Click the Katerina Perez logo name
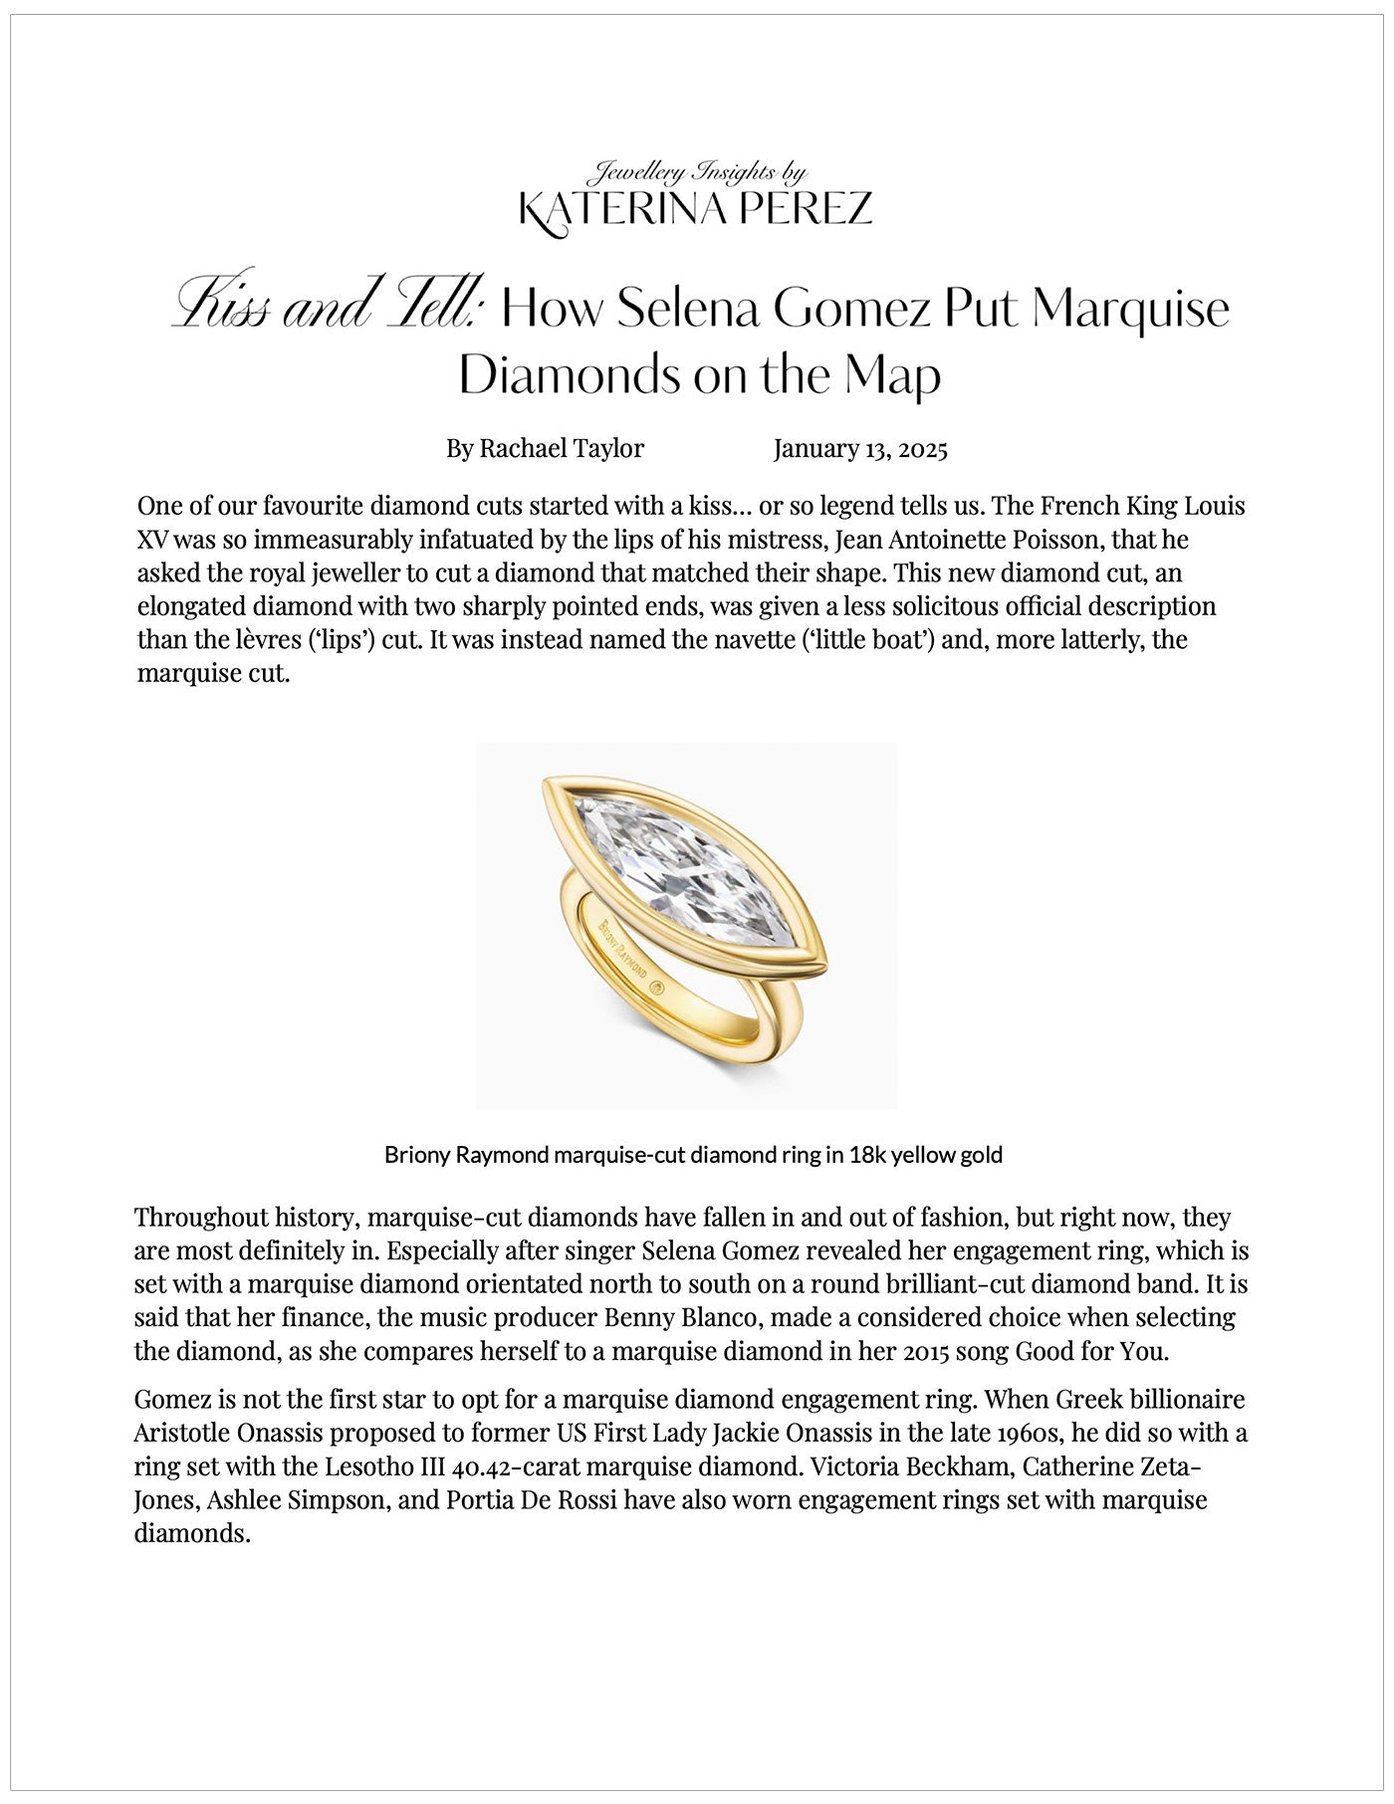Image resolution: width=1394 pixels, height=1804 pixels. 696,210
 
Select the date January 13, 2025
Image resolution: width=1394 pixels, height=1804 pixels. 860,449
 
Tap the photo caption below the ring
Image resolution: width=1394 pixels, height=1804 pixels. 693,1155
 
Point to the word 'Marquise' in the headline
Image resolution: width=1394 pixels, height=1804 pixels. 1130,309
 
